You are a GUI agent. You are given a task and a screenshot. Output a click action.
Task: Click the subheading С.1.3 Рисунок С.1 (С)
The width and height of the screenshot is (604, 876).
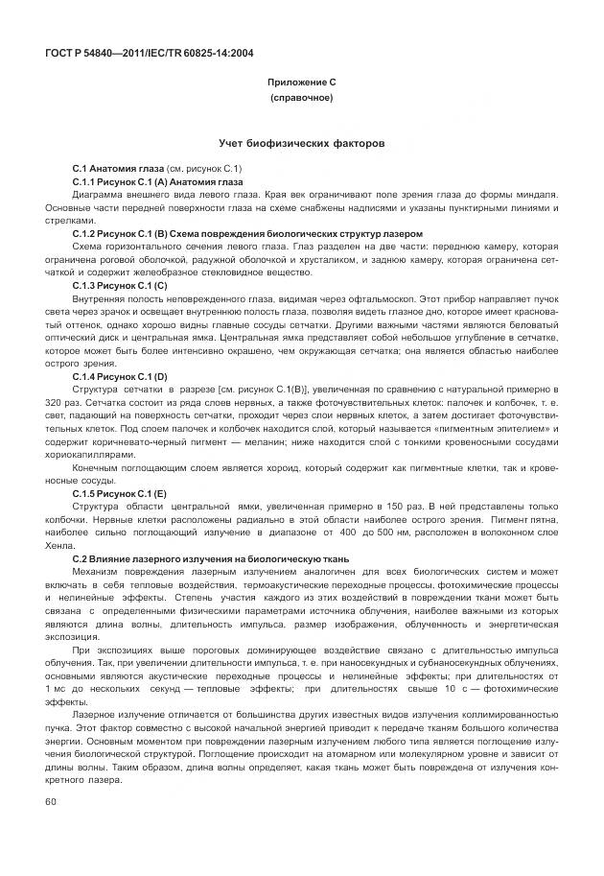(x=120, y=285)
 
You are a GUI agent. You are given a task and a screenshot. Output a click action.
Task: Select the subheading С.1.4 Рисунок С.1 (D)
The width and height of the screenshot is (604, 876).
(x=120, y=376)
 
